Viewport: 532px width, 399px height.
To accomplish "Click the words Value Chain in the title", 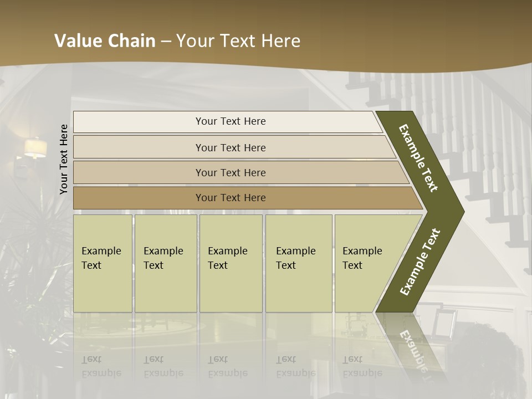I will click(x=105, y=40).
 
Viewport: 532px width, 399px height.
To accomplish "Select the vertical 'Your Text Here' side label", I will click(x=64, y=159).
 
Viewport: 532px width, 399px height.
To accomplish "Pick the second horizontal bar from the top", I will click(x=230, y=147).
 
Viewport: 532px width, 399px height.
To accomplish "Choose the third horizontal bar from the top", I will click(x=230, y=172).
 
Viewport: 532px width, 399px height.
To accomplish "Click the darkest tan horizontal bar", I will click(x=230, y=198).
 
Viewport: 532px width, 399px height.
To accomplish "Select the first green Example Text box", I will click(x=103, y=263).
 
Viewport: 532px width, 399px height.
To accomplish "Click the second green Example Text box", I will click(x=165, y=263).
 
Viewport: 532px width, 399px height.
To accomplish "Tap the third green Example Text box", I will click(x=231, y=263).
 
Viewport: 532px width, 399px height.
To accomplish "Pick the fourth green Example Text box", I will click(x=298, y=263).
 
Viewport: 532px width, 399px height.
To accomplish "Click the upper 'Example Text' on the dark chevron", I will click(x=418, y=158).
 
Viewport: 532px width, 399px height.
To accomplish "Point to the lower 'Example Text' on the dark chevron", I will click(x=420, y=262).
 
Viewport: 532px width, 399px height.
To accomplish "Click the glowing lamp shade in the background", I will click(x=35, y=147).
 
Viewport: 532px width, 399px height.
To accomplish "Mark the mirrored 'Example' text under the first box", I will click(x=101, y=373).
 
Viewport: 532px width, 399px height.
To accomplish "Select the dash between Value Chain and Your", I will click(x=166, y=41).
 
